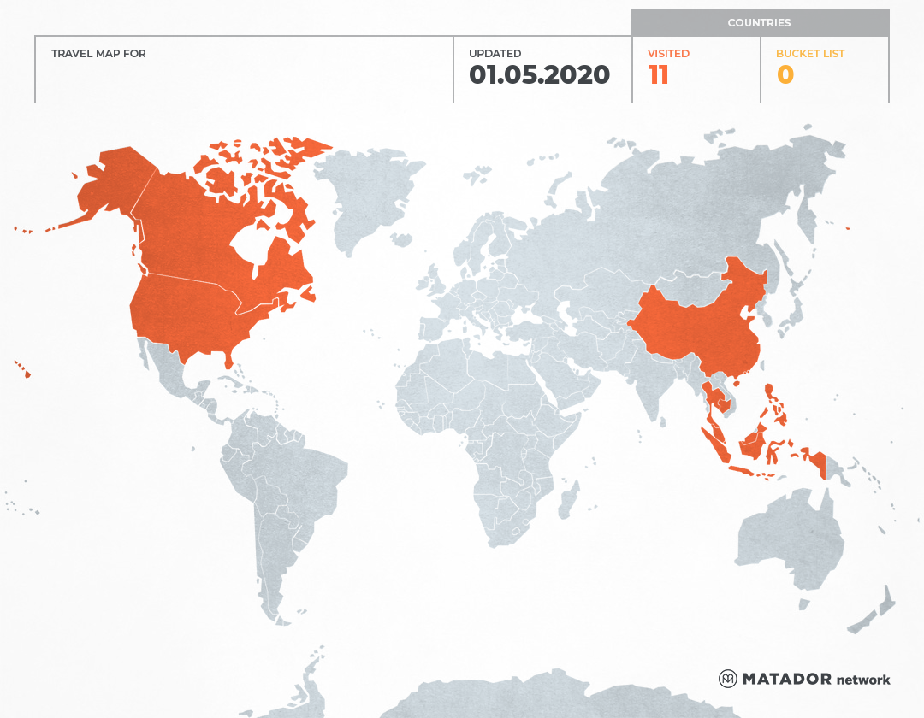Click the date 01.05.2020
[x=539, y=75]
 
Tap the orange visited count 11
[x=658, y=75]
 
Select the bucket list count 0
[x=785, y=75]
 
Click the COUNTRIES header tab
[x=759, y=23]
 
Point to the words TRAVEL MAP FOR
[x=98, y=54]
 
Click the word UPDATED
[x=495, y=54]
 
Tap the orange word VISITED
[x=668, y=54]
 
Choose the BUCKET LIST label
[x=809, y=54]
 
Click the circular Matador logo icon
[x=727, y=679]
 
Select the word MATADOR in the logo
[x=786, y=679]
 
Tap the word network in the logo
[x=863, y=680]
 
